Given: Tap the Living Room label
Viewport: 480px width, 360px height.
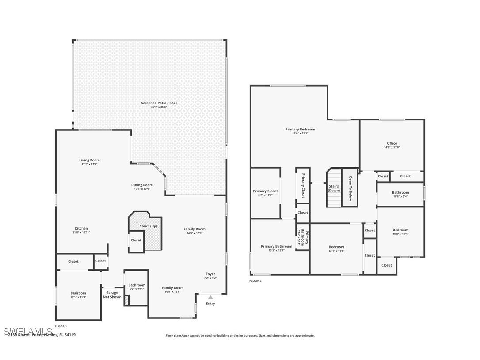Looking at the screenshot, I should [89, 160].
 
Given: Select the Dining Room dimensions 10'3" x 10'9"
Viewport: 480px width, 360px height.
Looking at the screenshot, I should [142, 189].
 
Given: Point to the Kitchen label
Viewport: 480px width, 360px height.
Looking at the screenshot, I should [81, 228].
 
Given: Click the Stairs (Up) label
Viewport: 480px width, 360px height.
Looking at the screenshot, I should [148, 226].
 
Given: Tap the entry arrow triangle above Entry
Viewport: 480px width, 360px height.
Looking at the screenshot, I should [210, 298].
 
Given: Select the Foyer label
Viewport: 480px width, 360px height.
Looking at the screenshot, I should [210, 274].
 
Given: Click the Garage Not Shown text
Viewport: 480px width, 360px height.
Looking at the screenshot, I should [112, 295].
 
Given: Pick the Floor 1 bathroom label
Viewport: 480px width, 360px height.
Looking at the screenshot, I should [137, 285].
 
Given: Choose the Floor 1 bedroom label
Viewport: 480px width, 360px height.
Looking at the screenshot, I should [78, 293].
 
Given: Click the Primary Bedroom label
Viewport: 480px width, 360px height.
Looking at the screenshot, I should [300, 129].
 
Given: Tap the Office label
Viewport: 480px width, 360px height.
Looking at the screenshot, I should [392, 143].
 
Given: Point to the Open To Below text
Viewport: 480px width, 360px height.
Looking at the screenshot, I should [350, 188].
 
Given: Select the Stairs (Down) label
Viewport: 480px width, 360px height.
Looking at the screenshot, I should [334, 188].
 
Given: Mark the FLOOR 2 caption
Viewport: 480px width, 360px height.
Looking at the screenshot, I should [255, 280].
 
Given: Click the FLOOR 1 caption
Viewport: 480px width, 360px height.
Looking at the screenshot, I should [61, 326].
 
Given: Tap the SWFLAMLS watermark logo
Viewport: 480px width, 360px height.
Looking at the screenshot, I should [28, 331].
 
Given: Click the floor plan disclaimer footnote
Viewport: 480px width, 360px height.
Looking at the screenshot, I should [240, 336].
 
